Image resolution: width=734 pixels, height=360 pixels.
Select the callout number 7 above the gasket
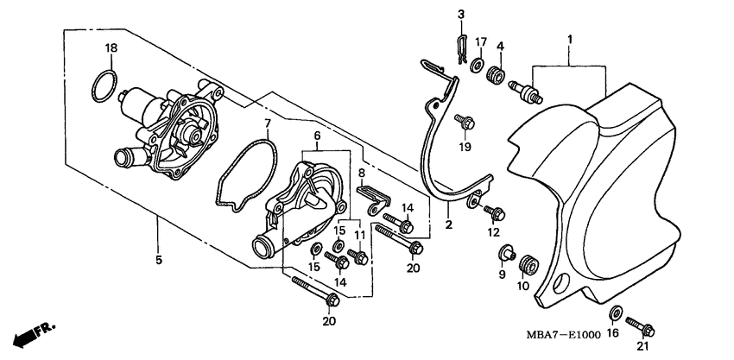[x=268, y=123]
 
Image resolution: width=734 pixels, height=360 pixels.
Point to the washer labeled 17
[x=480, y=61]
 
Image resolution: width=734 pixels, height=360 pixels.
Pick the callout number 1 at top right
[x=570, y=39]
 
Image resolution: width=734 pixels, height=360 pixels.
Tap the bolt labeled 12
[x=495, y=210]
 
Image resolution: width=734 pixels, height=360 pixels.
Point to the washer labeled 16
[x=617, y=312]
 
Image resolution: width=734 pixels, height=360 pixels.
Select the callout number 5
[x=157, y=258]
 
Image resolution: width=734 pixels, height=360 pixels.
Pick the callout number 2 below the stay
[x=449, y=225]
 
